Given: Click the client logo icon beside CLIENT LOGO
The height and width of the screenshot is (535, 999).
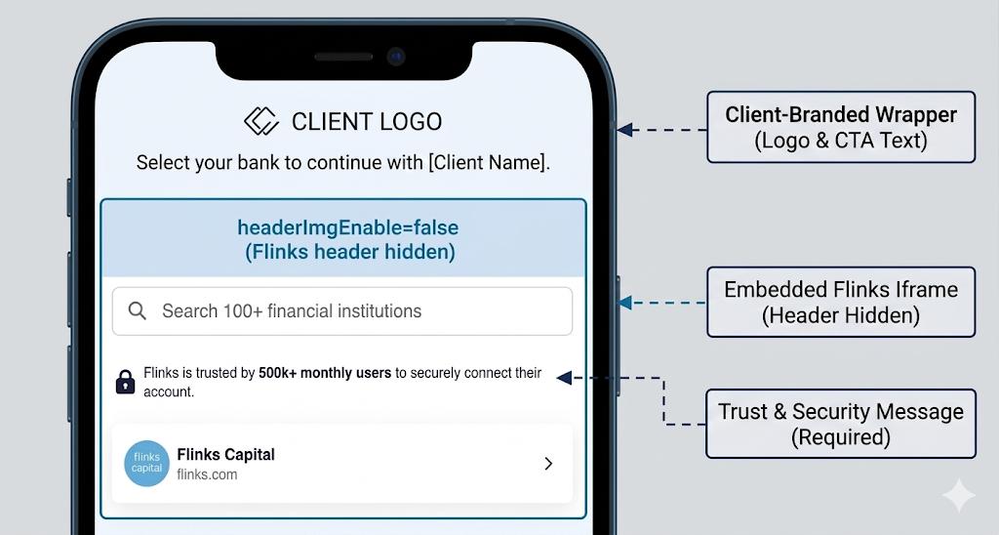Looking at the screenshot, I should click(261, 121).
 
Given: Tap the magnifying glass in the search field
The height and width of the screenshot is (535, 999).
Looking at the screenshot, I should click(138, 310).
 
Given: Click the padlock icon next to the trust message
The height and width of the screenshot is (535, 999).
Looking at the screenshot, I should click(125, 382).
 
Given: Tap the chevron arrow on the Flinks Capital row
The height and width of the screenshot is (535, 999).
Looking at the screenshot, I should click(548, 464).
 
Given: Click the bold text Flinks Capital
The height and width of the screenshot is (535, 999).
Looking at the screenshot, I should click(225, 454).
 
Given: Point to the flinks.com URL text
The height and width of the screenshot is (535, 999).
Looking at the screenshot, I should click(206, 475).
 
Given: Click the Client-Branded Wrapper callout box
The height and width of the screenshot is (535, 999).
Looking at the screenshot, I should click(840, 127).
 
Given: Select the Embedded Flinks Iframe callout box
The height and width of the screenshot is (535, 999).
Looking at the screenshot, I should click(840, 302).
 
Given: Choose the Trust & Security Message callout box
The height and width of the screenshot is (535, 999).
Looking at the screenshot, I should click(840, 424).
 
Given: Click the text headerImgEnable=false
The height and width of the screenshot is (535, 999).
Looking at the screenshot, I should click(347, 228).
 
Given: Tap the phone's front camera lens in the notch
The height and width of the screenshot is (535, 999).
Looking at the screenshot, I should click(395, 57).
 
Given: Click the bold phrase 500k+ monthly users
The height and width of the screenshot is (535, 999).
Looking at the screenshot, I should click(325, 373).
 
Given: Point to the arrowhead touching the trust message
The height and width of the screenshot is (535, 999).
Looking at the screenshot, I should click(577, 377).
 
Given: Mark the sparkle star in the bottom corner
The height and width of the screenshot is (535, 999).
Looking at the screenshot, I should click(958, 496).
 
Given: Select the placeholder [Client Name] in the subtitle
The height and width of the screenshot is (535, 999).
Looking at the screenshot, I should click(489, 163).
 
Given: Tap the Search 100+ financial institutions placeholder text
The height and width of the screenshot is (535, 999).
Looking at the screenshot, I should click(292, 311).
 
